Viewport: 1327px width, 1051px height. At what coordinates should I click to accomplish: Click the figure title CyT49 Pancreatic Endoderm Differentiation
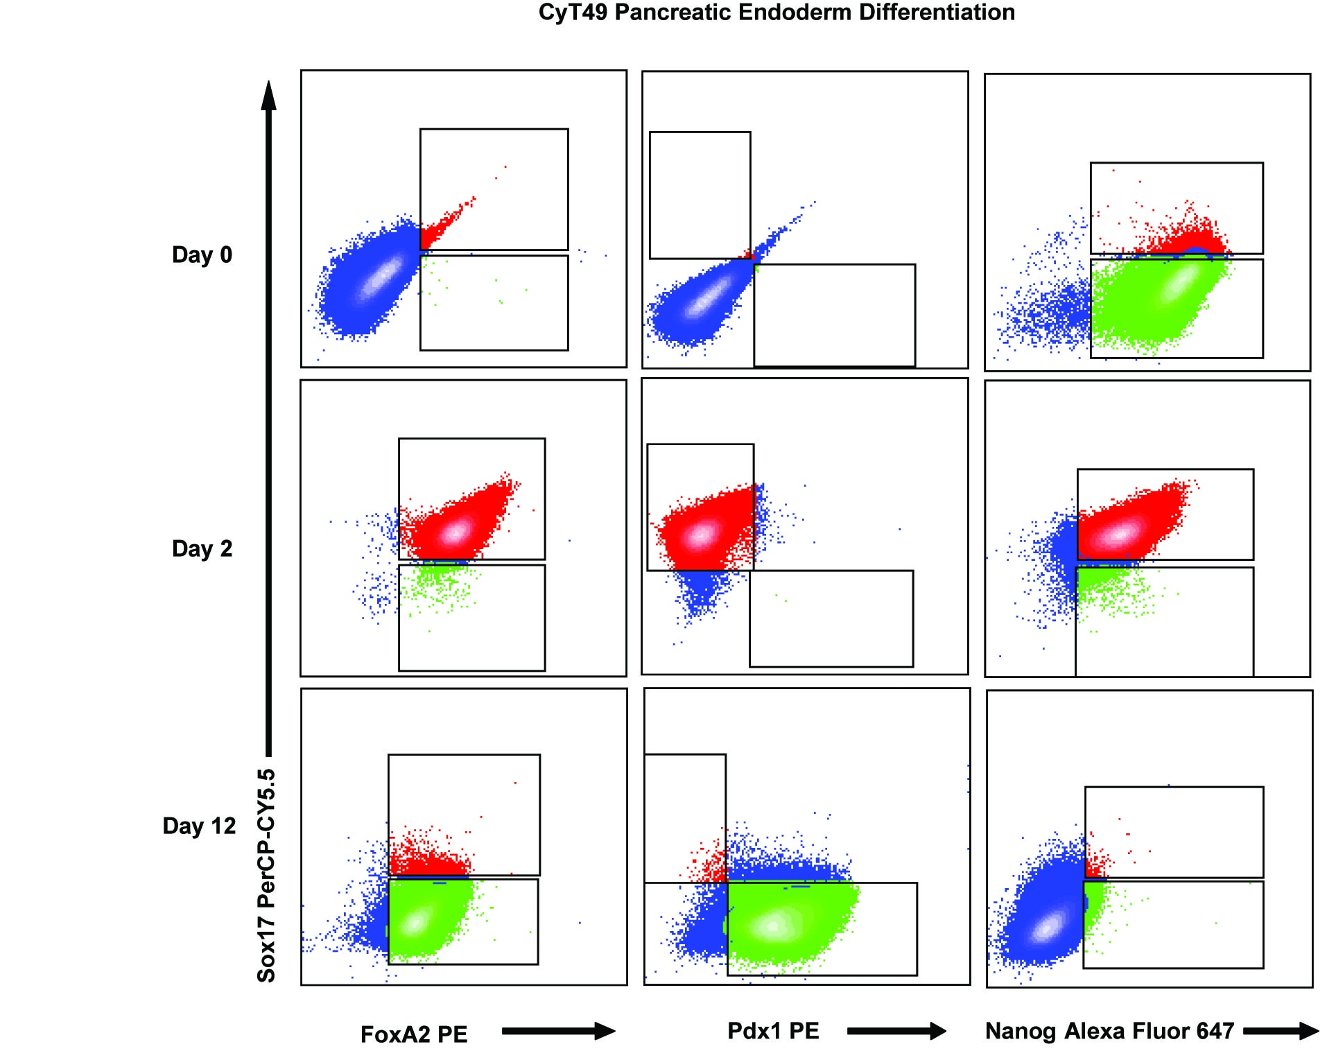(777, 12)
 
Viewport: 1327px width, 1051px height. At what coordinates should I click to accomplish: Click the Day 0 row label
(202, 254)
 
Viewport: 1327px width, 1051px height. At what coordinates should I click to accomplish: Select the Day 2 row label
(202, 548)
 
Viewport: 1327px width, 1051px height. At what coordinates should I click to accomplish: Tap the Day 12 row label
(199, 826)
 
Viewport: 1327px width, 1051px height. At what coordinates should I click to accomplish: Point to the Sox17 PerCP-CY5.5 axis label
(267, 875)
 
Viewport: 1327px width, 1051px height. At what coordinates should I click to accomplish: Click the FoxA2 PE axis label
(414, 1034)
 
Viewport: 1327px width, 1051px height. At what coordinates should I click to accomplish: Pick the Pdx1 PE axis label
(773, 1031)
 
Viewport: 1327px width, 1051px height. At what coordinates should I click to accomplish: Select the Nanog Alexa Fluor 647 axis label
(1109, 1031)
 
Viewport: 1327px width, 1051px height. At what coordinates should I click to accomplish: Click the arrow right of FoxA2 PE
(558, 1032)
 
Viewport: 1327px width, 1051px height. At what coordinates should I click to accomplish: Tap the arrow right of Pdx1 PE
(896, 1032)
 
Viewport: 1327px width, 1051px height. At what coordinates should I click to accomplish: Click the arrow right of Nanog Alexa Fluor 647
(1281, 1032)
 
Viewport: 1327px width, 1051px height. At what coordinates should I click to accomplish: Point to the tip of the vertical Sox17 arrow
(269, 87)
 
